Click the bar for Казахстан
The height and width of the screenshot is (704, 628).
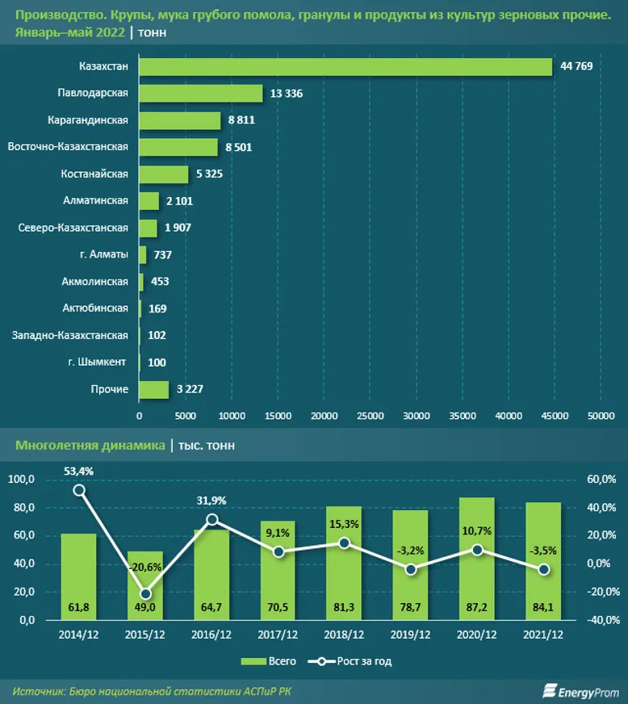pos(345,66)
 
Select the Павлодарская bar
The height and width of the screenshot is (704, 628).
pos(201,94)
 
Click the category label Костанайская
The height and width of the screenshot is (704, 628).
pos(94,174)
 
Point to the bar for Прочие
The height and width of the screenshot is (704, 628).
pos(154,390)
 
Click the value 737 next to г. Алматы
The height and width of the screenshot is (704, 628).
pos(162,255)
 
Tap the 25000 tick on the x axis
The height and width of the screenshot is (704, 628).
pos(370,416)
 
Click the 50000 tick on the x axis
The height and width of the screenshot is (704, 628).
pos(600,416)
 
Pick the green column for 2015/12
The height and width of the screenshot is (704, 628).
pos(145,585)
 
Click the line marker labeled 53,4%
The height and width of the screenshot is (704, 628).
pos(79,490)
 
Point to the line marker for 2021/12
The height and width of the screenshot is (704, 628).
pos(544,569)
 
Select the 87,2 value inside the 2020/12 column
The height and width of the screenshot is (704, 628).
pos(477,606)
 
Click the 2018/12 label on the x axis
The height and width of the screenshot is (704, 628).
pos(344,634)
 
